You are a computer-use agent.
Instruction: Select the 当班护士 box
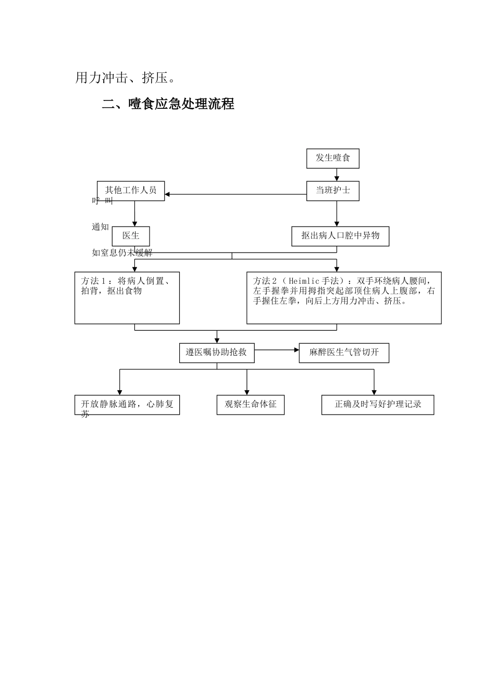pos(332,191)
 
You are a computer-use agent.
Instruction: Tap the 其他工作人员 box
pos(131,191)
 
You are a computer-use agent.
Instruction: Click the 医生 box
pos(131,236)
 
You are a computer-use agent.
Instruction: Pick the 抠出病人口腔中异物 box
pos(340,236)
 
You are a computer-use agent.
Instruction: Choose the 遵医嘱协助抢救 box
pos(216,353)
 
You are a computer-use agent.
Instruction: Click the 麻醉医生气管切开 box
pos(344,353)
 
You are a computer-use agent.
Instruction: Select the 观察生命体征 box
pos(251,405)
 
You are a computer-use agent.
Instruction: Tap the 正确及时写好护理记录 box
pos(378,405)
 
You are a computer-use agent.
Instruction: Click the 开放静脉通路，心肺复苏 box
pos(127,405)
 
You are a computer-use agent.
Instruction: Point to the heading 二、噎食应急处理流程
pos(168,104)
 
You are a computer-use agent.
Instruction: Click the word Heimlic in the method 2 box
pos(304,281)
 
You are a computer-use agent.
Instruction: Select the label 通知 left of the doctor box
pos(101,227)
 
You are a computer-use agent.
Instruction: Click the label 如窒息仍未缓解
pos(122,253)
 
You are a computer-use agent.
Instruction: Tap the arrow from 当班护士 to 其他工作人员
pos(235,194)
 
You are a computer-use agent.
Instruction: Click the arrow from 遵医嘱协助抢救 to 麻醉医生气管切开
pos(277,350)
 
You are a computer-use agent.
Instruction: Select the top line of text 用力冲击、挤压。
pos(126,78)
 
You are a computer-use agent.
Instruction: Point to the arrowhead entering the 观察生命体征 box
pos(247,392)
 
